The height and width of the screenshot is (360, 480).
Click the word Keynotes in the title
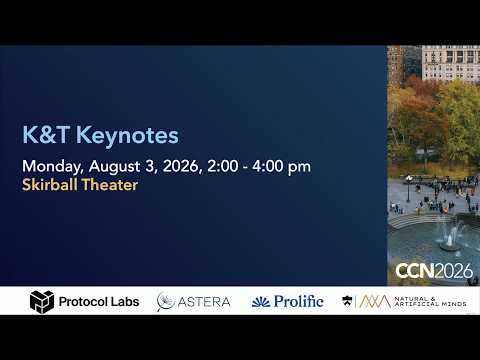pyautogui.click(x=127, y=136)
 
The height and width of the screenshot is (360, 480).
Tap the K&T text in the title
pyautogui.click(x=46, y=135)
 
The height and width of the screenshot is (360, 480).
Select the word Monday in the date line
pyautogui.click(x=53, y=167)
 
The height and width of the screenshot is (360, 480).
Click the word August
pyautogui.click(x=114, y=166)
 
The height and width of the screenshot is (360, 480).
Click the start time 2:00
pyautogui.click(x=223, y=166)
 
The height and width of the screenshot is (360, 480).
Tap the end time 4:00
pyautogui.click(x=267, y=166)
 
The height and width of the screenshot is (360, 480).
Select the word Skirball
pyautogui.click(x=50, y=184)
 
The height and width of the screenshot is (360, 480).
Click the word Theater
pyautogui.click(x=110, y=184)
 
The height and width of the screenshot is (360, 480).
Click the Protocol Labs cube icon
pyautogui.click(x=42, y=302)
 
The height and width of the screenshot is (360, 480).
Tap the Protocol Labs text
pyautogui.click(x=99, y=302)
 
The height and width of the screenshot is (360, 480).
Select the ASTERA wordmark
pyautogui.click(x=204, y=302)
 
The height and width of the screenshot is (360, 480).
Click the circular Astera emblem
pyautogui.click(x=166, y=302)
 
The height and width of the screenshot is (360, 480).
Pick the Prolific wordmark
pyautogui.click(x=299, y=301)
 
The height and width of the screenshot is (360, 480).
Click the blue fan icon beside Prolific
pyautogui.click(x=261, y=302)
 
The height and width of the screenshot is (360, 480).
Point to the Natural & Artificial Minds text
pyautogui.click(x=430, y=301)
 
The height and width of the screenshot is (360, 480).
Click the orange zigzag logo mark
pyautogui.click(x=375, y=301)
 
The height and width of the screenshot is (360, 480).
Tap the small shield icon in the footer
pyautogui.click(x=347, y=301)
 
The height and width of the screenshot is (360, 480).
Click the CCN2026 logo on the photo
pyautogui.click(x=434, y=271)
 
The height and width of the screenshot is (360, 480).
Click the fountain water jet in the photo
pyautogui.click(x=451, y=236)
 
